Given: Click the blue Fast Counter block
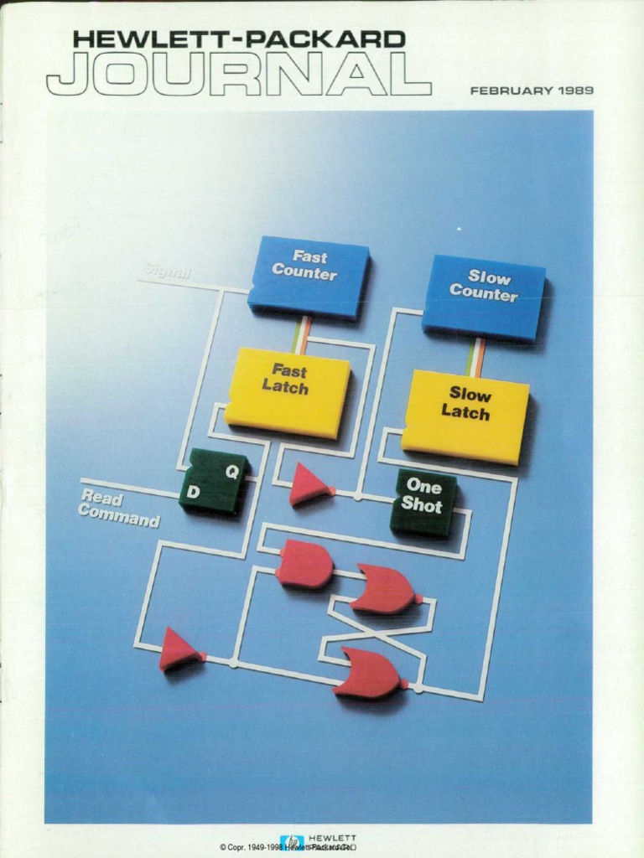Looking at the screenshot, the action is pos(307,276).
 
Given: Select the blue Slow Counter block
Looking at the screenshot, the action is pos(483,296).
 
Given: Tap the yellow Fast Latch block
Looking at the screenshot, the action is pos(287,390).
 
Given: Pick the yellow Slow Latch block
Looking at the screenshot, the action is pos(465,414).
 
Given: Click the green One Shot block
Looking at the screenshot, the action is pos(423,501).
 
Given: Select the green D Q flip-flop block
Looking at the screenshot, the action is pos(213,481).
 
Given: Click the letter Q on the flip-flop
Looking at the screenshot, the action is pos(231,472).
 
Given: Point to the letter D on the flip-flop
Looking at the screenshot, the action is pos(193,493).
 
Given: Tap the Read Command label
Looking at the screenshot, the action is pos(119,509).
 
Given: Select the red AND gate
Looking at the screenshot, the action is pos(304,563).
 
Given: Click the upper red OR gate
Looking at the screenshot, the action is pos(384,588).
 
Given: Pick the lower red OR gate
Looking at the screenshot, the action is pos(370,673).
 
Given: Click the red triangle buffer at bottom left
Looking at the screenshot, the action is pos(179,649).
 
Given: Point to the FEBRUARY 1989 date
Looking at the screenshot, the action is pos(532,90).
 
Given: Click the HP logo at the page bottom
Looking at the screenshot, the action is pos(293,842).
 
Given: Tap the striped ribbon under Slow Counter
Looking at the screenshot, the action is pos(475,357).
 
